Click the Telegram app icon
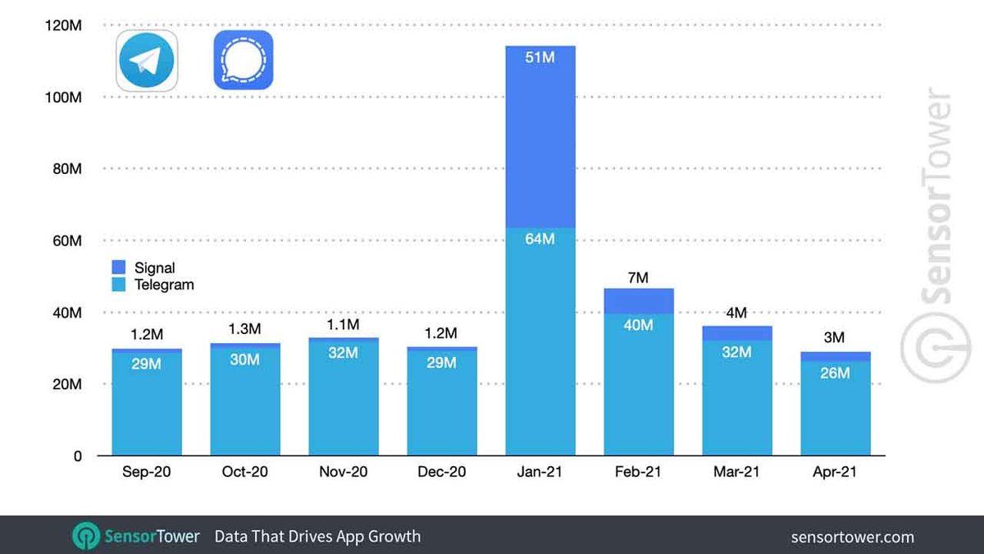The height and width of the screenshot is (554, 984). click(x=147, y=60)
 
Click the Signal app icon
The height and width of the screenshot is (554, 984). click(x=243, y=60)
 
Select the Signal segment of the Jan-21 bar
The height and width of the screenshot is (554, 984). click(x=540, y=148)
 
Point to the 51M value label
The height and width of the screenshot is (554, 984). click(x=540, y=58)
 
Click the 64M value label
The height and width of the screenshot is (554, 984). click(x=540, y=239)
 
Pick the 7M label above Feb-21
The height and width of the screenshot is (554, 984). click(x=638, y=278)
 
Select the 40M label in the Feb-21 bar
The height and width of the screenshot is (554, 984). click(x=638, y=325)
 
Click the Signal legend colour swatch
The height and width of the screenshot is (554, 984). click(x=119, y=268)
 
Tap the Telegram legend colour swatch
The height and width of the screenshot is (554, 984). click(x=119, y=285)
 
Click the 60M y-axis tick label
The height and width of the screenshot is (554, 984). click(x=64, y=241)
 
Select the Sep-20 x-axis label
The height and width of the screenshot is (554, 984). click(x=146, y=473)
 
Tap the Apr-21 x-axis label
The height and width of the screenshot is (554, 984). click(x=835, y=473)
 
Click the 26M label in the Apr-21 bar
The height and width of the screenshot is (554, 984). click(x=835, y=373)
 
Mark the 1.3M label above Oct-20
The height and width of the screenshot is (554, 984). click(x=244, y=329)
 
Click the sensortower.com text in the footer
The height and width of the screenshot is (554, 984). click(x=852, y=537)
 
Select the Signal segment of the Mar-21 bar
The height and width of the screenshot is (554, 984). click(x=736, y=332)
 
